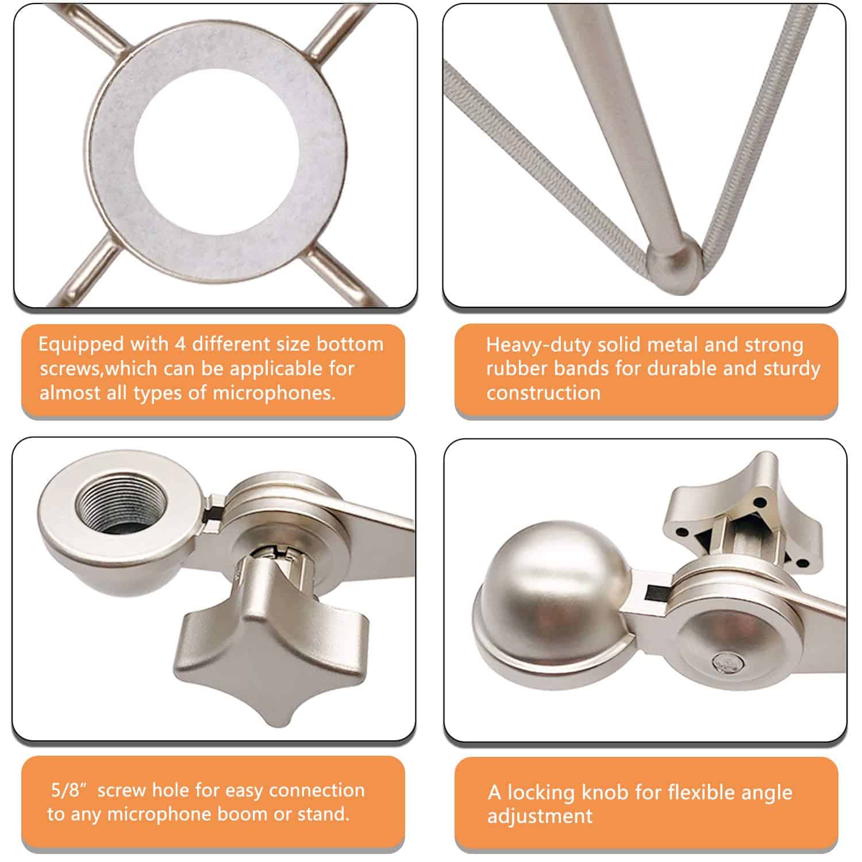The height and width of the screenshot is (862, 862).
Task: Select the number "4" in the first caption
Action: (x=180, y=344)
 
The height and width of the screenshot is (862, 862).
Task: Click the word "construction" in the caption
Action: (x=543, y=393)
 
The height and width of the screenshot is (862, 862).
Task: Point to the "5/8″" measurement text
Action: (x=69, y=790)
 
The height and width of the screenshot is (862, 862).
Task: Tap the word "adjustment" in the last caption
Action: (x=540, y=817)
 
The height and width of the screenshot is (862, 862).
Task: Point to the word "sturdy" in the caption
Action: (x=791, y=369)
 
